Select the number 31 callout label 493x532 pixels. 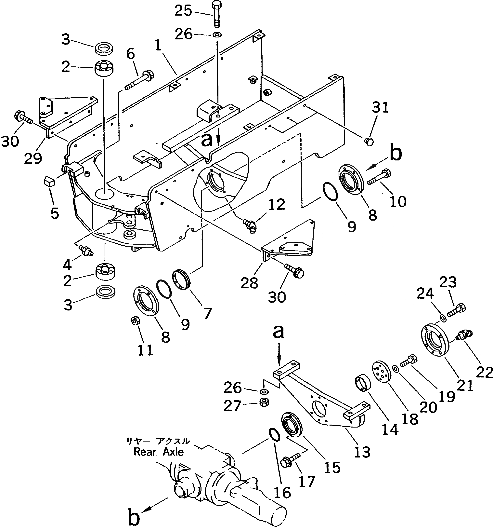pos(380,108)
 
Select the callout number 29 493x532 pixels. pos(33,158)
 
